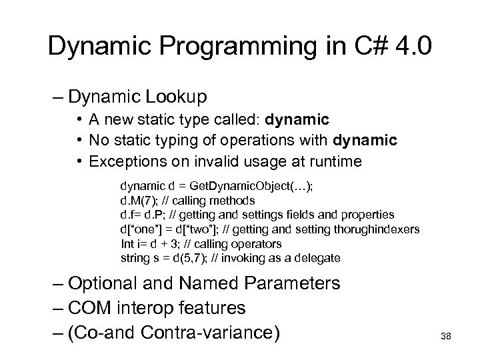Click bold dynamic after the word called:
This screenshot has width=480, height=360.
[297, 120]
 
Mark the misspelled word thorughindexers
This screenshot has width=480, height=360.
[381, 229]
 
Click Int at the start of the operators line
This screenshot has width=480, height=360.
[127, 243]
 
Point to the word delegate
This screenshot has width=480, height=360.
[319, 257]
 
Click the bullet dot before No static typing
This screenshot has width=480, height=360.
[79, 140]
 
